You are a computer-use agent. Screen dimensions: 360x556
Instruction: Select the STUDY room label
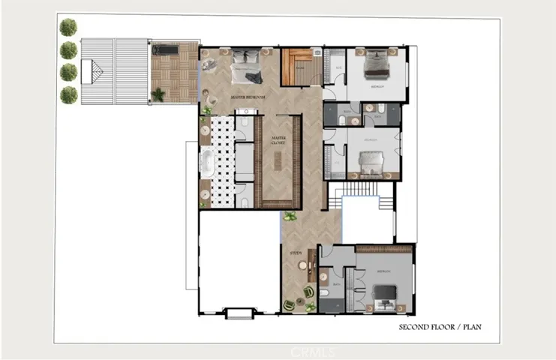click(296, 254)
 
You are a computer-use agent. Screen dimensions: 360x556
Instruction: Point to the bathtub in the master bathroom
click(206, 161)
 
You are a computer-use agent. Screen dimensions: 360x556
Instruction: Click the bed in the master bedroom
click(247, 66)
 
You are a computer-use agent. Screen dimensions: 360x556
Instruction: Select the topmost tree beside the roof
click(68, 28)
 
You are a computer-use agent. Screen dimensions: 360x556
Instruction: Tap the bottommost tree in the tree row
click(68, 94)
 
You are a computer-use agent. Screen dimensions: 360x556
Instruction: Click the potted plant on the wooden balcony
click(158, 94)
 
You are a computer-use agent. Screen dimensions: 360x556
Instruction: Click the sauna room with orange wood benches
click(302, 67)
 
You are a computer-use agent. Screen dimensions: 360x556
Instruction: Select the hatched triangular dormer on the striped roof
click(96, 73)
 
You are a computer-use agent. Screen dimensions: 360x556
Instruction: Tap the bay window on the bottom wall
click(240, 312)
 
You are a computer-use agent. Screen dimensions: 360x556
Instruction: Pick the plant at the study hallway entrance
click(290, 216)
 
